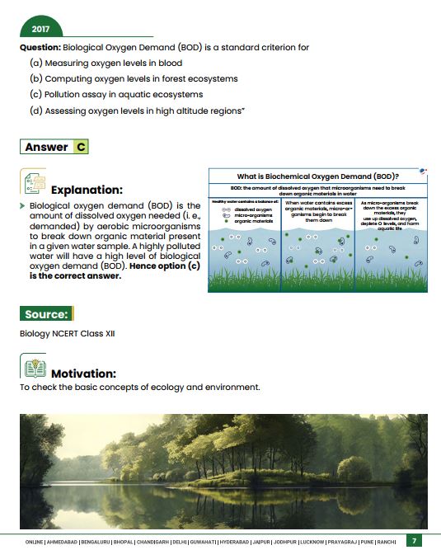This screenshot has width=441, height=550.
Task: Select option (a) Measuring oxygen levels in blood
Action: coord(106,63)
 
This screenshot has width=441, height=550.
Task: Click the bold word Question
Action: coord(40,48)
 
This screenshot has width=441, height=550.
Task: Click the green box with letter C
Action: coord(80,147)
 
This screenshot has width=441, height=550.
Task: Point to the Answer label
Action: coord(47,147)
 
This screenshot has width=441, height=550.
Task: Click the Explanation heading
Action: coord(87,190)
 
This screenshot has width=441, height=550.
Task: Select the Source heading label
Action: coord(46,313)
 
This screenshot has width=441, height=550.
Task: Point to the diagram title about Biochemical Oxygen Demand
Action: coord(317,176)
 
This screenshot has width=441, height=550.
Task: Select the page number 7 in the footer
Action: coord(415,541)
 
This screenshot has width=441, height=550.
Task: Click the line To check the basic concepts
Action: coord(140,387)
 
